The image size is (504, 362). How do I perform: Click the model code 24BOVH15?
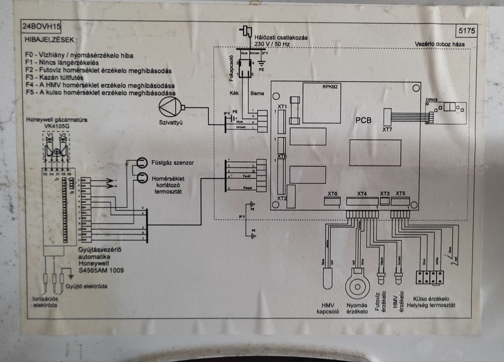point(41,26)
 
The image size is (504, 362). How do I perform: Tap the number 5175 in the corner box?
point(466,31)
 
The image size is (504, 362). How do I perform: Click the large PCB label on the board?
point(363,120)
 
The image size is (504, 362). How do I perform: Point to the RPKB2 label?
point(330,87)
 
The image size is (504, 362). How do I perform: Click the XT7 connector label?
point(387,130)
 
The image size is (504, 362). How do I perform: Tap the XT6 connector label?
point(332,194)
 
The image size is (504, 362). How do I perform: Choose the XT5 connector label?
point(400,194)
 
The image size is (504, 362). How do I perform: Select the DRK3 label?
point(431,100)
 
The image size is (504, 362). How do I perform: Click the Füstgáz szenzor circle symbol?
point(142,163)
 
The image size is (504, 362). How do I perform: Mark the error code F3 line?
point(54,78)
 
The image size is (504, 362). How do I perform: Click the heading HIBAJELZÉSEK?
point(51,40)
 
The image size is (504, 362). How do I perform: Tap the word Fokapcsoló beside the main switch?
point(231,68)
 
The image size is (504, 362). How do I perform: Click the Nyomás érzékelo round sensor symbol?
point(357,286)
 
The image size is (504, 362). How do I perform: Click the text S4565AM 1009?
point(101,270)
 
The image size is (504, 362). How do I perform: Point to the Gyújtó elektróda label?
point(86,286)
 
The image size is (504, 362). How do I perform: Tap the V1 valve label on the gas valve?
point(49,135)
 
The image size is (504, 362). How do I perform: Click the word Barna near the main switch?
point(257,93)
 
